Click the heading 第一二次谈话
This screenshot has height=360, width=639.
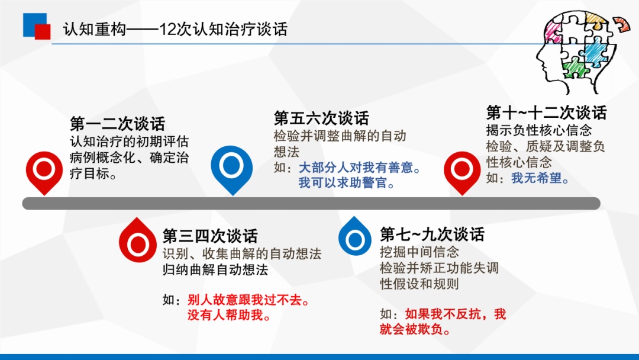(117, 124)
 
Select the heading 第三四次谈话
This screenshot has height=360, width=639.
(210, 236)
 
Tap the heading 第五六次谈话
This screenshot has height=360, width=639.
(321, 118)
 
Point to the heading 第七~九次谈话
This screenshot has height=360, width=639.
(432, 234)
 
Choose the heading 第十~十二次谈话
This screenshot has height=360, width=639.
(547, 112)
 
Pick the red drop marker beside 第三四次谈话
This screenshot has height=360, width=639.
(137, 240)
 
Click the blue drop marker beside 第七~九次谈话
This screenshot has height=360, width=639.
(354, 236)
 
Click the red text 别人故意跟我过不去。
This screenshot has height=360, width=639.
(248, 300)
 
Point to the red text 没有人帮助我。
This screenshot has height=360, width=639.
(229, 315)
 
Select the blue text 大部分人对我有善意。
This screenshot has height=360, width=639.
(360, 168)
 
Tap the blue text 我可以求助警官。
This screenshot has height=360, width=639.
(347, 182)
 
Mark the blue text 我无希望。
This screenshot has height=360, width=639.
(540, 178)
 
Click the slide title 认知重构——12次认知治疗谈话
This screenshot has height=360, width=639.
(175, 30)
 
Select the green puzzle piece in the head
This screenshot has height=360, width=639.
(576, 67)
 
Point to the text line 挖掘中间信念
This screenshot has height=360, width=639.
(419, 252)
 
